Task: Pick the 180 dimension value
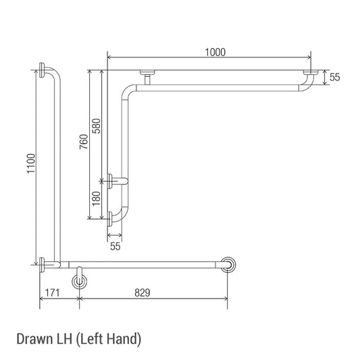click(96, 198)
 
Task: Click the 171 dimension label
click(52, 292)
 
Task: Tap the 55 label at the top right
click(335, 77)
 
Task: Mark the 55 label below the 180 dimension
click(115, 247)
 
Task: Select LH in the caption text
click(62, 338)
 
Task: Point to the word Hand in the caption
click(123, 338)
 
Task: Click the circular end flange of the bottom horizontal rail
click(230, 264)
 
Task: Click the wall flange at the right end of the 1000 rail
click(311, 72)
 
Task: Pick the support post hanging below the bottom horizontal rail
click(80, 278)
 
